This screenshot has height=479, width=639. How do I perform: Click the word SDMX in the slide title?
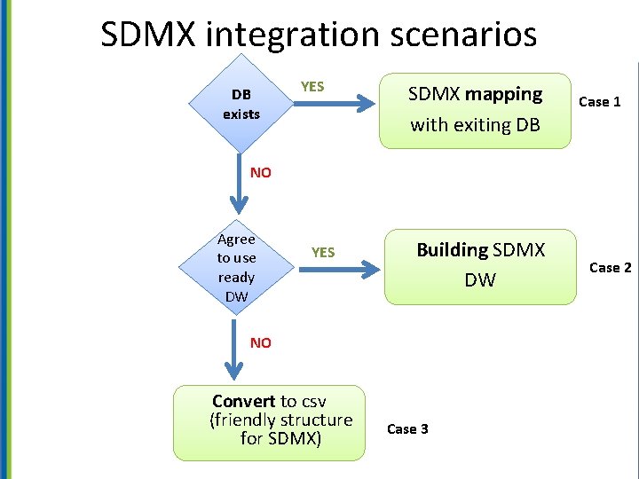click(x=149, y=35)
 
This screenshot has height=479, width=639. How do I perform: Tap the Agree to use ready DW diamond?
click(x=236, y=267)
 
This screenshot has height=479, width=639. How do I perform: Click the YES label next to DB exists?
click(x=312, y=87)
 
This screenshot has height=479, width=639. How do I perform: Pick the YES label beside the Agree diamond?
click(x=323, y=253)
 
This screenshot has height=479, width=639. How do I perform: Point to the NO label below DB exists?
click(x=261, y=173)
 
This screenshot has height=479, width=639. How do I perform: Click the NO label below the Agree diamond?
click(x=261, y=342)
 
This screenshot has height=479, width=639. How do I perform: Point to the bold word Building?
click(x=453, y=250)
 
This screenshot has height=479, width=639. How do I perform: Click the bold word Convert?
click(x=244, y=401)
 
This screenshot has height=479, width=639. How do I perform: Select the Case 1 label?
click(x=600, y=102)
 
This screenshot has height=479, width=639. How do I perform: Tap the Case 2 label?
click(x=610, y=268)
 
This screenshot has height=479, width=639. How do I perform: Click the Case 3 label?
click(x=407, y=429)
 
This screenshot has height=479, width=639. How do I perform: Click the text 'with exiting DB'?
click(x=475, y=125)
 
